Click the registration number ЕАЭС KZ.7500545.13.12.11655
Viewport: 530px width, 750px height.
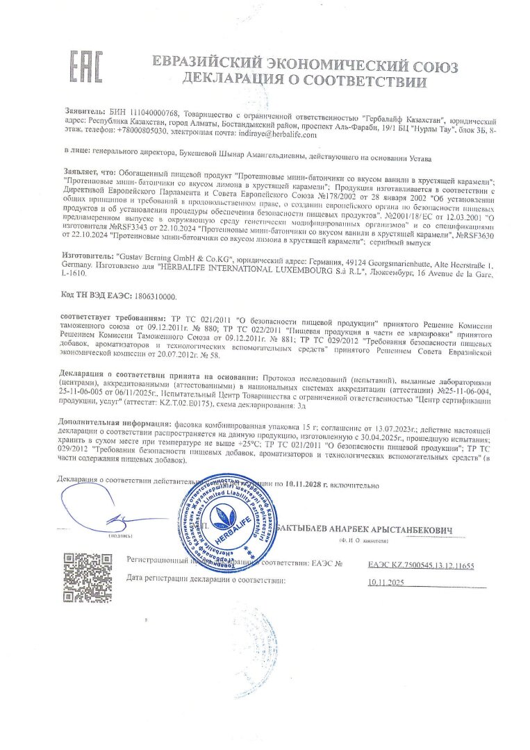click(x=421, y=566)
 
